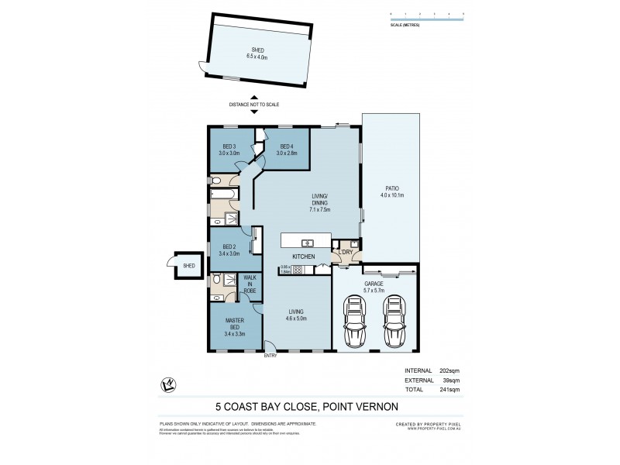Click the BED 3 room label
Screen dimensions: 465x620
(229, 147)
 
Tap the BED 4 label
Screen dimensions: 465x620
(287, 147)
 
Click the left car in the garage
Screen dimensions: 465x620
(357, 322)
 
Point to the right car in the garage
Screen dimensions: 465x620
(395, 322)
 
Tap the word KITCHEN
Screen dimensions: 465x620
(302, 256)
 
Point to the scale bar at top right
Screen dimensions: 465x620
(426, 17)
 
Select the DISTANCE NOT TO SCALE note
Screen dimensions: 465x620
(253, 104)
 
